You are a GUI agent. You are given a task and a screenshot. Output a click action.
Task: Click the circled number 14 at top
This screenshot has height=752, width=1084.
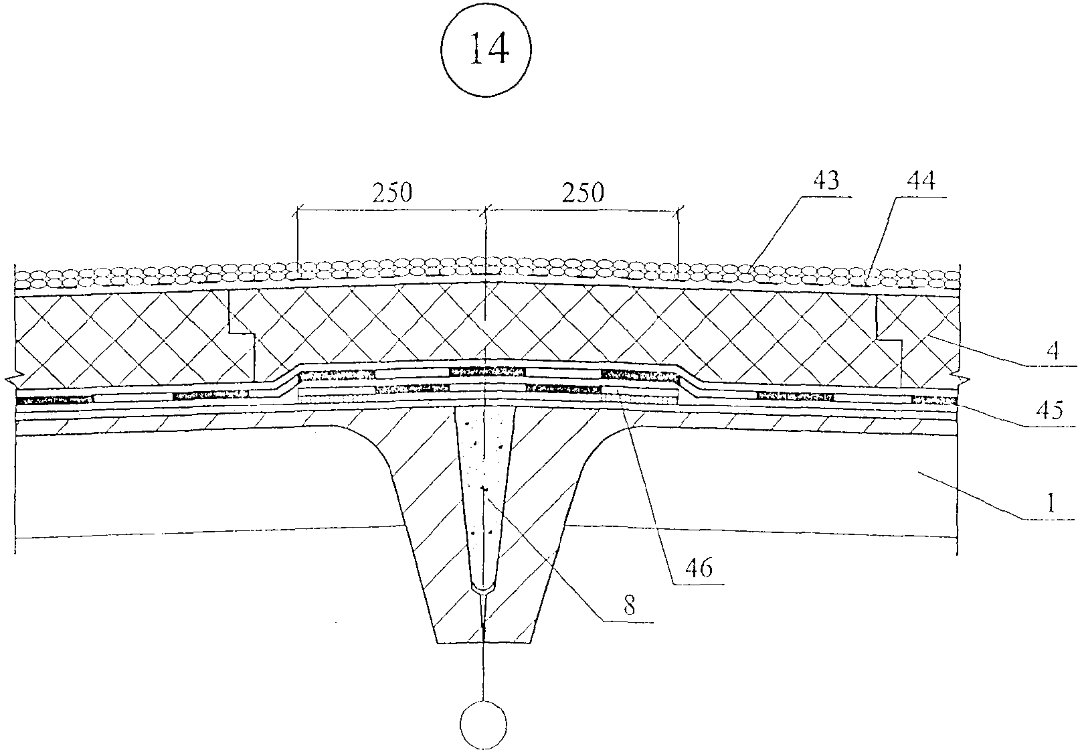(x=486, y=50)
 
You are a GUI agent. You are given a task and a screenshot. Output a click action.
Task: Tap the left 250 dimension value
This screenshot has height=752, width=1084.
(x=392, y=192)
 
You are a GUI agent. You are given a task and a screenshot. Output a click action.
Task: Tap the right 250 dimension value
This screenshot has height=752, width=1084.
(x=583, y=192)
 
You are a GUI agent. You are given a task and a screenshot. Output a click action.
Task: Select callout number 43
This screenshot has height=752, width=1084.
(x=826, y=180)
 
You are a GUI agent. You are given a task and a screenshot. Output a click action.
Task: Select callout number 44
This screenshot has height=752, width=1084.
(x=921, y=180)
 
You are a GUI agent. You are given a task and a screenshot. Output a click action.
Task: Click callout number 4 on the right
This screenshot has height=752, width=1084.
(x=1053, y=351)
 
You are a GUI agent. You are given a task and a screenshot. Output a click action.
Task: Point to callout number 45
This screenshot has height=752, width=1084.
(x=1049, y=410)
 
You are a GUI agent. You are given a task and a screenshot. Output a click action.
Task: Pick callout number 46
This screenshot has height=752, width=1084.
(x=699, y=567)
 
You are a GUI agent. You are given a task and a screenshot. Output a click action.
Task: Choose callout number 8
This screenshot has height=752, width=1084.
(x=628, y=605)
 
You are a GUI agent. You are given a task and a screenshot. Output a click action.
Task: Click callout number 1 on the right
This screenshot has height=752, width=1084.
(x=1050, y=503)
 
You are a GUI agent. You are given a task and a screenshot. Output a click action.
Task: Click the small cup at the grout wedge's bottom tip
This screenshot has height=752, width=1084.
(x=483, y=589)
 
